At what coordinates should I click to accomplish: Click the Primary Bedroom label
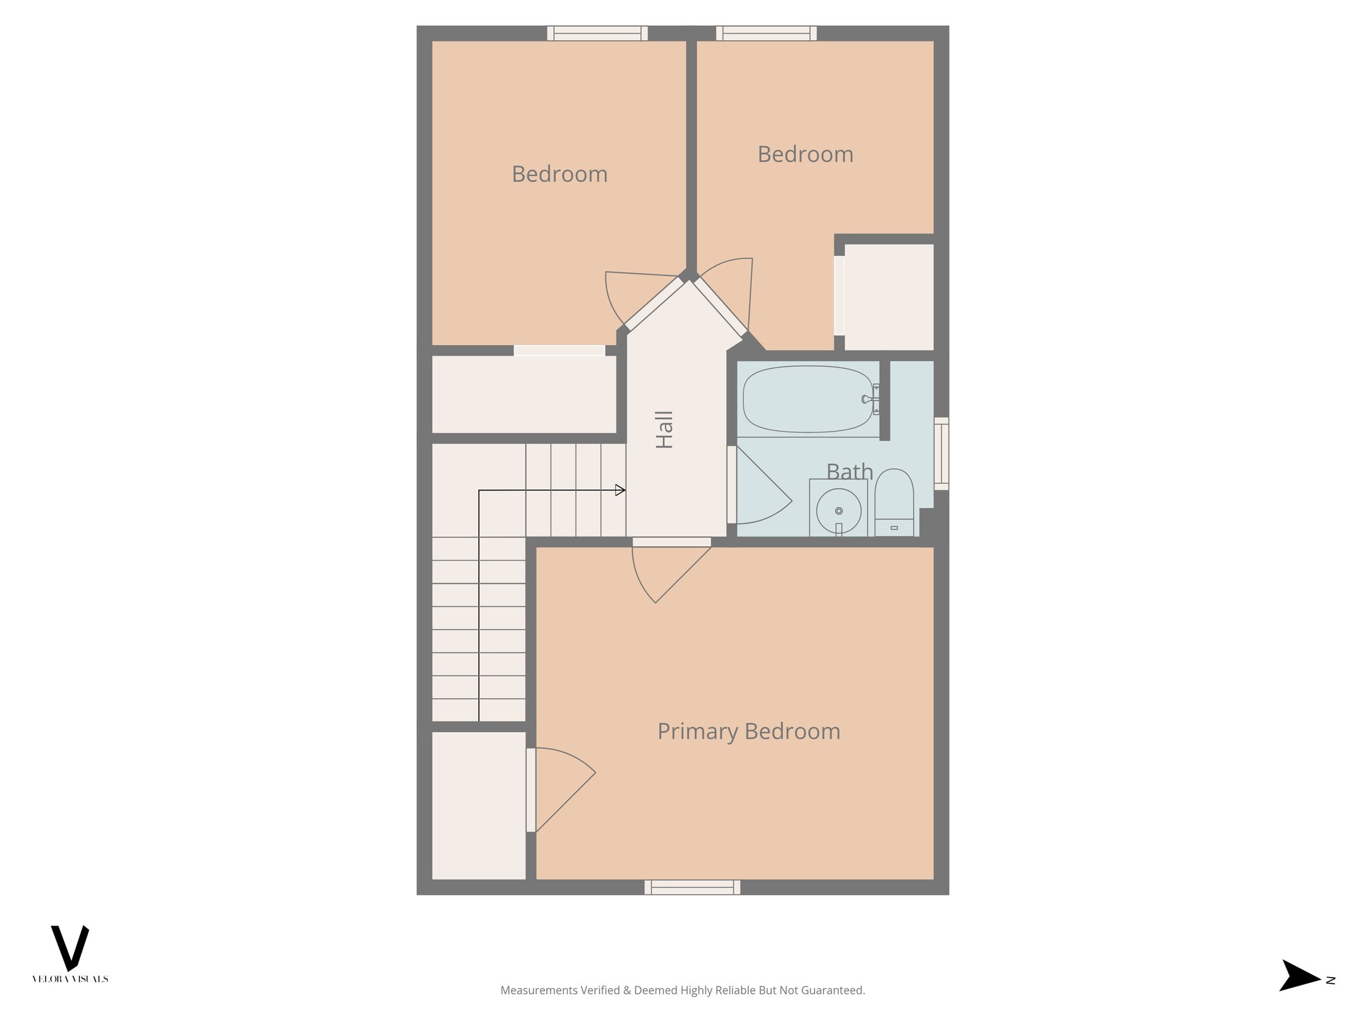coord(748,731)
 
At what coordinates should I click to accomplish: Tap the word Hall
coord(664,429)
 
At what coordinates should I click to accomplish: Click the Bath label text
coord(849,472)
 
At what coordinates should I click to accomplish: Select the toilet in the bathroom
coord(894,500)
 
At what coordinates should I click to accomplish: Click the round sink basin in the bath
coord(838,510)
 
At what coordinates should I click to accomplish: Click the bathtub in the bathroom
coord(807,399)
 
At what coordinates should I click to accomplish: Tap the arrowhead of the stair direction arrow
coord(620,490)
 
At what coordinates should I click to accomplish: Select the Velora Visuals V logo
coord(70,948)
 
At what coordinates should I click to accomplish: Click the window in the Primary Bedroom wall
coord(692,887)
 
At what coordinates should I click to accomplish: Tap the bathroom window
coord(941,453)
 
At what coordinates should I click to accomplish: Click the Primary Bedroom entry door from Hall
coord(667,571)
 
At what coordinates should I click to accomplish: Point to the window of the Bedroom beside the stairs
coord(598,33)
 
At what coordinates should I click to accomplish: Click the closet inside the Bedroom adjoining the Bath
coord(888,297)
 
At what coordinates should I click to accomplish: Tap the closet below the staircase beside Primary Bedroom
coord(479,805)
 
